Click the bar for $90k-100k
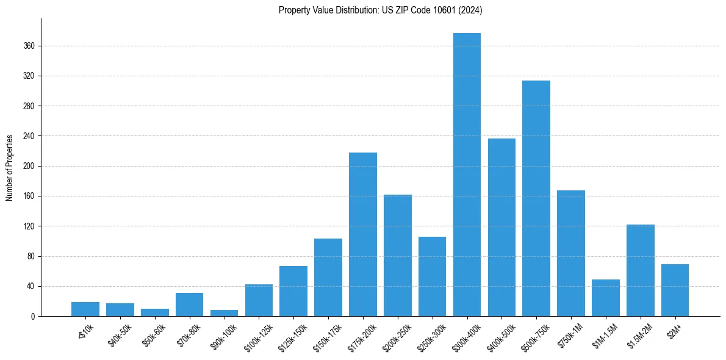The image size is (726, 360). (224, 313)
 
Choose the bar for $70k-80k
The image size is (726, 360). (189, 304)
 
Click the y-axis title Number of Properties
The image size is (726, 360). (10, 167)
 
